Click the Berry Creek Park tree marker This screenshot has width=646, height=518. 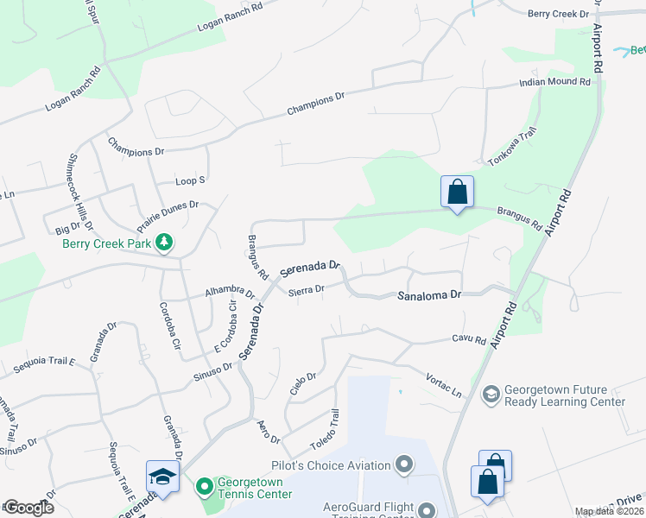tap(162, 243)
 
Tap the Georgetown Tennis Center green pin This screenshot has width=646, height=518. tap(204, 487)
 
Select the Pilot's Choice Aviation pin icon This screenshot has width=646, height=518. tap(403, 466)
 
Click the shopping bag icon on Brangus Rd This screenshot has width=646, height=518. tap(457, 193)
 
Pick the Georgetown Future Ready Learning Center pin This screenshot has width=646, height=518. tap(491, 395)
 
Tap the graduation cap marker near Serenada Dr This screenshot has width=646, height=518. tap(162, 477)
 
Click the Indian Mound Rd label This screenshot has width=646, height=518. tap(554, 82)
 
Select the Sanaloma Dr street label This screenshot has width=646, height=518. tap(429, 295)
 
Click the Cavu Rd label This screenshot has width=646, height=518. tap(469, 339)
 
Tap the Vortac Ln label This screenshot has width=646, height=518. tap(444, 377)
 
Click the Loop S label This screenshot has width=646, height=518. tap(190, 180)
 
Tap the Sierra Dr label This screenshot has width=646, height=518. tap(307, 289)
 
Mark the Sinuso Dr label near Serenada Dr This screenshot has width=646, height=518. tap(215, 367)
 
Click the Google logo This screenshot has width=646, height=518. tap(28, 508)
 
